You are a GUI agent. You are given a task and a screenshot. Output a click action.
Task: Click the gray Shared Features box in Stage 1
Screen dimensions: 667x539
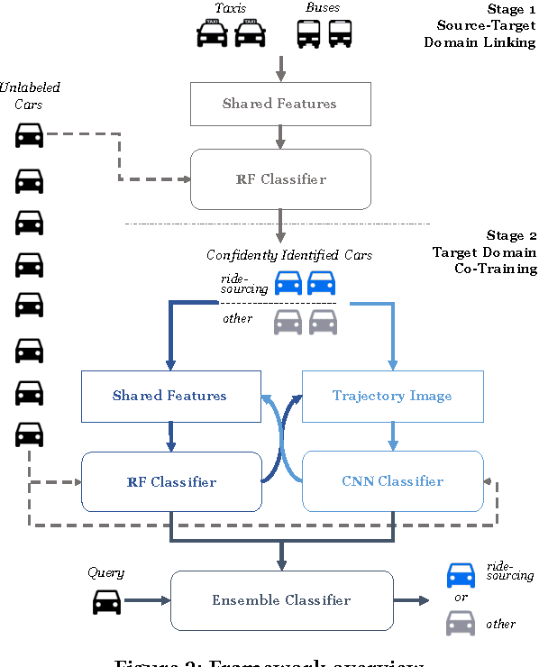tap(279, 104)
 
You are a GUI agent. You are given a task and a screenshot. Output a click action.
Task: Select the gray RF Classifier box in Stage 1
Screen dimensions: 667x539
tap(279, 178)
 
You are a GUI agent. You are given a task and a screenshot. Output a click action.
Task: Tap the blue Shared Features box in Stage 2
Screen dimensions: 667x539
tap(170, 396)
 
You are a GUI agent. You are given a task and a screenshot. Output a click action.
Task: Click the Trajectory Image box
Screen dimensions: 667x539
tap(392, 396)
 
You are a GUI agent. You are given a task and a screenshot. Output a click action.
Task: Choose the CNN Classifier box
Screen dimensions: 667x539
tap(392, 481)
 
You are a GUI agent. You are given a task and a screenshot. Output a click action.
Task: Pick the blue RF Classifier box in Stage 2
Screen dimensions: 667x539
tap(171, 481)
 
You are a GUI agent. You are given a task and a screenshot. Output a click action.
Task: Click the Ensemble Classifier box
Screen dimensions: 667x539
tap(280, 600)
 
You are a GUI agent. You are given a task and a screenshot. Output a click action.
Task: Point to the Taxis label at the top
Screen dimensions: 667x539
tap(230, 8)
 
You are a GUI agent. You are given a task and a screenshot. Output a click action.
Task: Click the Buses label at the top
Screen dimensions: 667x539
tap(323, 8)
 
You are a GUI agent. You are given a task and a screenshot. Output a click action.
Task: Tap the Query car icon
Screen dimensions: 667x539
tap(106, 601)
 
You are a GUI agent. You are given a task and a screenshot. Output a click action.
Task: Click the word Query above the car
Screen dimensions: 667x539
tap(105, 572)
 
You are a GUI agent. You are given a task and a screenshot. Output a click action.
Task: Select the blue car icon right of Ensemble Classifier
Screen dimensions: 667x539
tap(461, 574)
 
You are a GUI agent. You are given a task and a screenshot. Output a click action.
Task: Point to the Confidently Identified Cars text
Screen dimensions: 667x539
tap(288, 255)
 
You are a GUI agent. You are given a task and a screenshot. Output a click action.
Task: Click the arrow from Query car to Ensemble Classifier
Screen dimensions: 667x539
tap(146, 600)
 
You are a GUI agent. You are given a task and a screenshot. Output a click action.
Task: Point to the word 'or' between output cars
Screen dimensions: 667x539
tap(461, 598)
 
